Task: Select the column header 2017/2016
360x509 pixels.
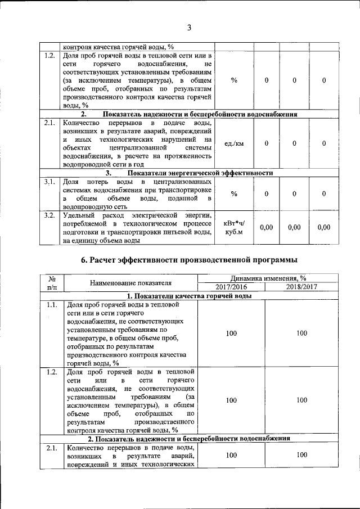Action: click(x=231, y=287)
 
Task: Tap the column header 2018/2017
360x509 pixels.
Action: click(x=302, y=287)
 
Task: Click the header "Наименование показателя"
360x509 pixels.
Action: click(x=130, y=282)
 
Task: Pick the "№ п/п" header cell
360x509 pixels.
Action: click(x=52, y=282)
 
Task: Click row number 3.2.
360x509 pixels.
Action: click(x=49, y=215)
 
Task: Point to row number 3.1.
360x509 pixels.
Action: click(x=49, y=182)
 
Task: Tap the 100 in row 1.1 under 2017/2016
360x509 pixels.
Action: click(x=231, y=333)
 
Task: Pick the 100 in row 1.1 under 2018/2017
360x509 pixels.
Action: click(x=302, y=333)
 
